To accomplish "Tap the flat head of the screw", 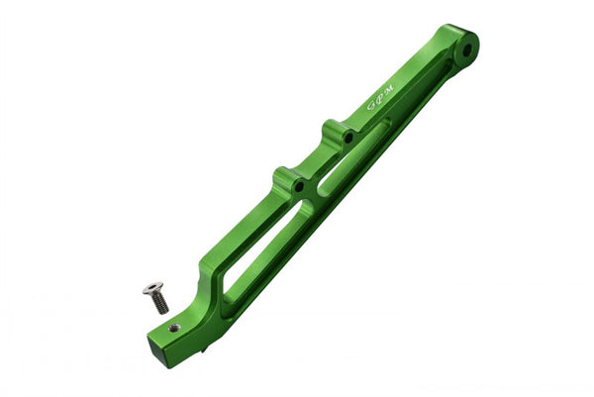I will pos(152,289).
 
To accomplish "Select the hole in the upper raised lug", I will pos(347,137).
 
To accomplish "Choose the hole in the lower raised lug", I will pos(296,184).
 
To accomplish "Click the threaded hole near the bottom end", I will pos(174,328).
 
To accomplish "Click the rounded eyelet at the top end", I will pos(458,45).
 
